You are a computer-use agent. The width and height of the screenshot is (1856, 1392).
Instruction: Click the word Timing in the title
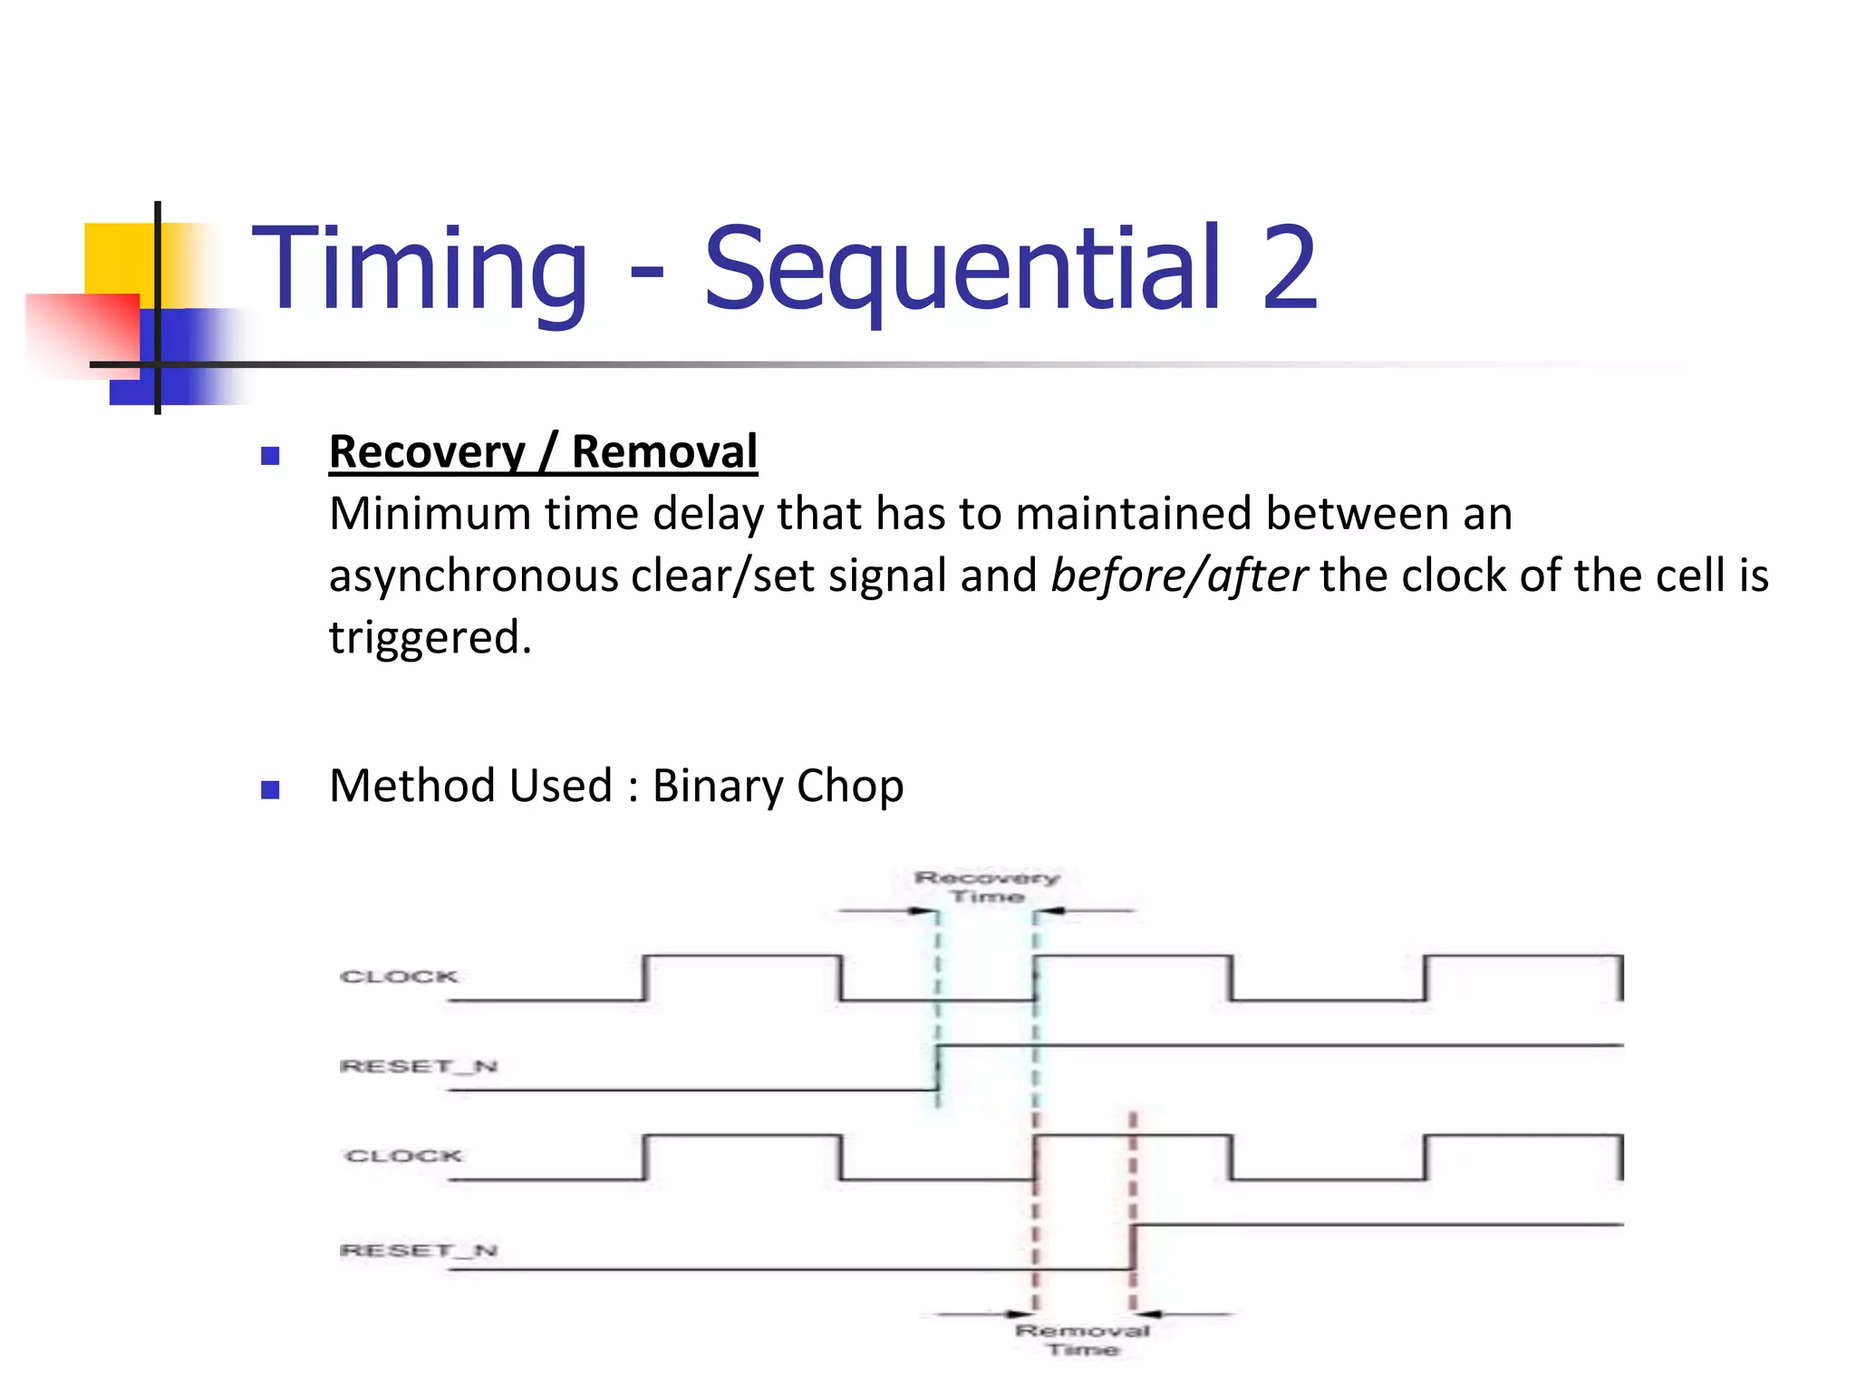pyautogui.click(x=420, y=269)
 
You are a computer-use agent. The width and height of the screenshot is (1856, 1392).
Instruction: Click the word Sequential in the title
pyautogui.click(x=962, y=269)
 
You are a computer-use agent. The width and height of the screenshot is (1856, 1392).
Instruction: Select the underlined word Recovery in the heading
pyautogui.click(x=427, y=452)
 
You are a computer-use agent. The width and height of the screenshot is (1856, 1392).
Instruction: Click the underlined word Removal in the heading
pyautogui.click(x=664, y=452)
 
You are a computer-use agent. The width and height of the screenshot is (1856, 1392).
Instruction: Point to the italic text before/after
pyautogui.click(x=1178, y=576)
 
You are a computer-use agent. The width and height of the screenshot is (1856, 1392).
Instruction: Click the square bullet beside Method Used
pyautogui.click(x=270, y=789)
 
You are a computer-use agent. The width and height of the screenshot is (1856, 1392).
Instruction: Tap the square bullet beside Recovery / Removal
pyautogui.click(x=270, y=456)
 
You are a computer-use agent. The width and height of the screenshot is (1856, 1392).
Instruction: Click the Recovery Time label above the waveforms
pyautogui.click(x=987, y=887)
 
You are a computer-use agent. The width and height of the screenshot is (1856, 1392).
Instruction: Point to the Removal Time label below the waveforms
pyautogui.click(x=1083, y=1339)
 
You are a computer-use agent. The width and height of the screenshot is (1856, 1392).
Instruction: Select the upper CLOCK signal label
pyautogui.click(x=399, y=977)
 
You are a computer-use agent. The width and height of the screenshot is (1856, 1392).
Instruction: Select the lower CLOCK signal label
pyautogui.click(x=403, y=1156)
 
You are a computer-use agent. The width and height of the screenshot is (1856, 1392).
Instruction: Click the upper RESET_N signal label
pyautogui.click(x=418, y=1067)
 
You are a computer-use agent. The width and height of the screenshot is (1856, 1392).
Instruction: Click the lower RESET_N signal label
pyautogui.click(x=418, y=1251)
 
